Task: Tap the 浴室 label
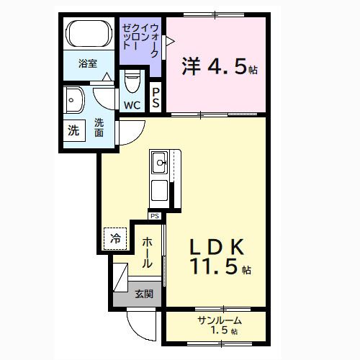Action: coord(89,63)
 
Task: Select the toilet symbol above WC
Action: coord(132,81)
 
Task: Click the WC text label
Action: coord(132,105)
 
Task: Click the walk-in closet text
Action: coord(141,42)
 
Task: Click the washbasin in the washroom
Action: coord(74,102)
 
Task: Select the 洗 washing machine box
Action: coord(73,131)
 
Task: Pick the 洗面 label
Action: coord(99,128)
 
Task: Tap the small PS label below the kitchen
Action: coord(155,215)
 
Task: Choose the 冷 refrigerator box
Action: coord(116,238)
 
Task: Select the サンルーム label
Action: coord(219,320)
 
